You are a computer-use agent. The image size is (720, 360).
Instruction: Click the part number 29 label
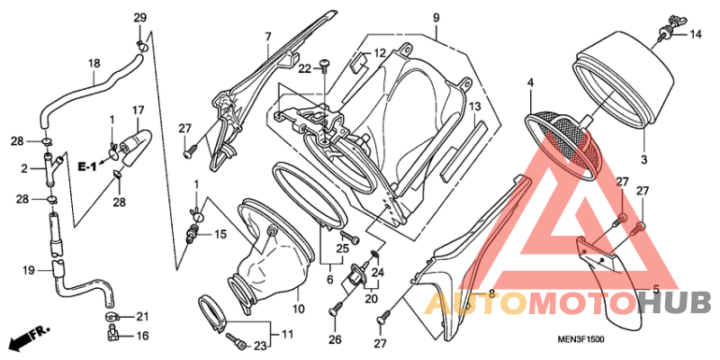140,18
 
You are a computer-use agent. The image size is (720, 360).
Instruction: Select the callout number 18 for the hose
94,63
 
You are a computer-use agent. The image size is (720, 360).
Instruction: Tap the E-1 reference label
87,167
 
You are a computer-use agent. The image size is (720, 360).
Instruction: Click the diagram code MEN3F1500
580,339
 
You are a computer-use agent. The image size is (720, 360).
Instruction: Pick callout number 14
696,34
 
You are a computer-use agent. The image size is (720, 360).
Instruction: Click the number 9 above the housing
436,18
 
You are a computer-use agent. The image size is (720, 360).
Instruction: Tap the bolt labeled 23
238,342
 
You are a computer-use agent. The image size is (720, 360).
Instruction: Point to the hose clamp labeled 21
112,317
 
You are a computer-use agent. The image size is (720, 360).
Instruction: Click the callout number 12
379,54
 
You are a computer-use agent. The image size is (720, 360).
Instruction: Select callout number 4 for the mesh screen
530,83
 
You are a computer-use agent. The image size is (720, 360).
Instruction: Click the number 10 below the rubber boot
299,309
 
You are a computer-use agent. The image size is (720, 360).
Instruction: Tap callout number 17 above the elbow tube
139,110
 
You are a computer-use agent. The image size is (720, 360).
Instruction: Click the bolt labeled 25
350,238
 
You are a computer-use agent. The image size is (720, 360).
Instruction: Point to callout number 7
268,36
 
